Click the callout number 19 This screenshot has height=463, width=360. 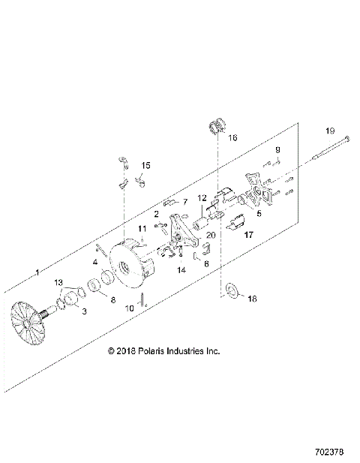tap(329, 131)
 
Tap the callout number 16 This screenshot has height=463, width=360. tap(232, 138)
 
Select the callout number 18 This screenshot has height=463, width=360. tap(251, 298)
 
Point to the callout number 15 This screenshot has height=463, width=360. tap(146, 165)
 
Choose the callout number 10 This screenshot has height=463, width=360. tap(129, 308)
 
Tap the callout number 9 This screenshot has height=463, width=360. tap(276, 150)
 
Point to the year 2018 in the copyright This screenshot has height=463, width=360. tap(126, 350)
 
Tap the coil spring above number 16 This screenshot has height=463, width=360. tap(217, 125)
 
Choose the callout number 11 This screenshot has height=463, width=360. tap(142, 228)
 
